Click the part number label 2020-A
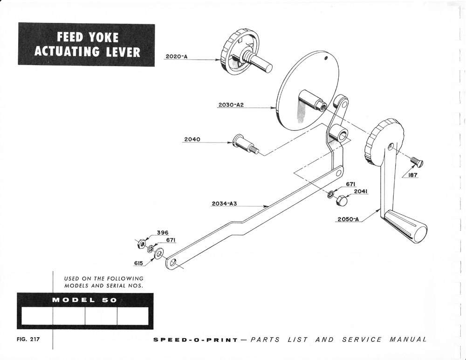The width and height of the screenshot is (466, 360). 177,57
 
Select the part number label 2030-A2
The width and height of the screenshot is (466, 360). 231,105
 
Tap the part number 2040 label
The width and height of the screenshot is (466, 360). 192,139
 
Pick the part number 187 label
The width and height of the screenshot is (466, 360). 413,176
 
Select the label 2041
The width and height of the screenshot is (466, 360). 360,191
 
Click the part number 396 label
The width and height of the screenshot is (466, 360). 162,233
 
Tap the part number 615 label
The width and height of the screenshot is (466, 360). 138,263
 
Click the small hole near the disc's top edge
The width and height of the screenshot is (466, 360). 326,59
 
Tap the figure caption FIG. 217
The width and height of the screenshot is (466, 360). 28,339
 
